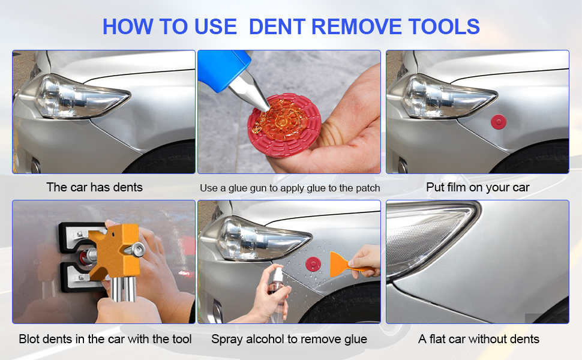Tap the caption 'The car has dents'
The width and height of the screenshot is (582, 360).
click(x=94, y=187)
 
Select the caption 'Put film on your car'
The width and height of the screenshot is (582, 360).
click(x=478, y=187)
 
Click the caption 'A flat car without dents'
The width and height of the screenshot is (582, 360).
click(x=478, y=339)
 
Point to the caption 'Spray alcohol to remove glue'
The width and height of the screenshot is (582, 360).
click(x=289, y=339)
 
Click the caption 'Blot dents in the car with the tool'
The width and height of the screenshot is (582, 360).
click(x=105, y=339)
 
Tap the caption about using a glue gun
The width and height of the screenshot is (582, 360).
click(x=290, y=188)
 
